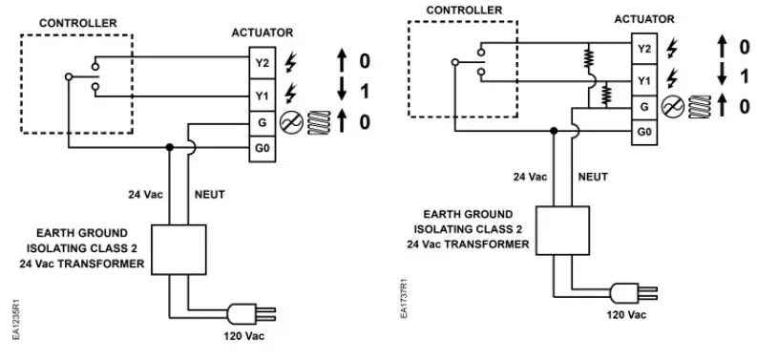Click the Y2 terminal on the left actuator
click(262, 63)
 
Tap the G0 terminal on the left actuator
click(262, 150)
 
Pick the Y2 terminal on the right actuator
click(645, 49)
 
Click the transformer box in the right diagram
click(562, 229)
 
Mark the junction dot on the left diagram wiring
click(169, 148)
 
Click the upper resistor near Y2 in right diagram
click(589, 59)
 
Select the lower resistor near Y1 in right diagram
click(604, 94)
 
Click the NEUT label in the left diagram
click(209, 194)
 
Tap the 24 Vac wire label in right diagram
click(530, 177)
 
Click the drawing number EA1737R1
click(404, 299)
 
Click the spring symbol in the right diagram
click(701, 105)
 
